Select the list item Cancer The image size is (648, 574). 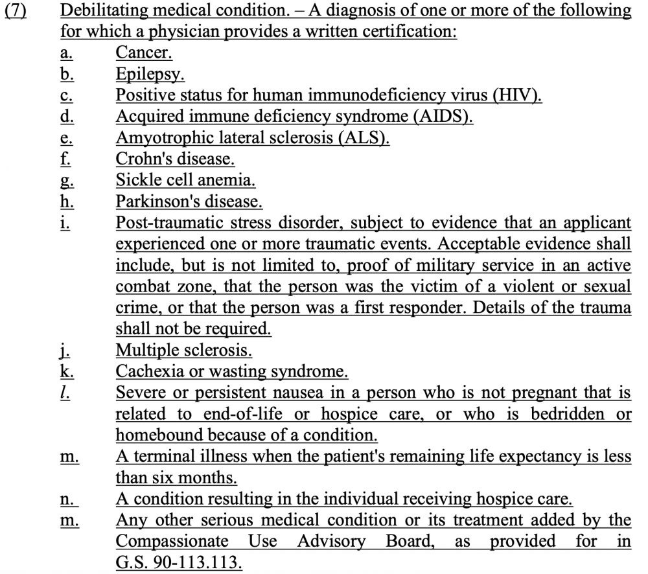click(144, 53)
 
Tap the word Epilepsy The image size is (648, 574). click(150, 75)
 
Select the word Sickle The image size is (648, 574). click(137, 180)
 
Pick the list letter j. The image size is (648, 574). click(64, 350)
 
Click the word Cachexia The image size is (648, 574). click(146, 371)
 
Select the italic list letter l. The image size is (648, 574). click(64, 393)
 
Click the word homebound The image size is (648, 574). click(156, 435)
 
